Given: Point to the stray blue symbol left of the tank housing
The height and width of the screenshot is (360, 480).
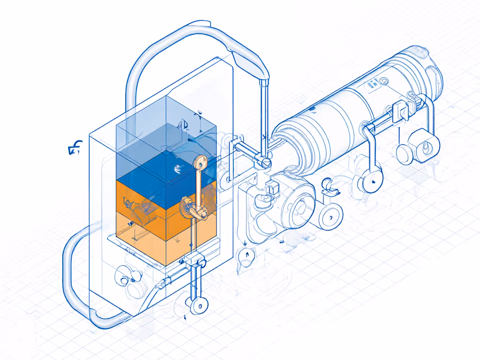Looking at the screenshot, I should pos(75,149).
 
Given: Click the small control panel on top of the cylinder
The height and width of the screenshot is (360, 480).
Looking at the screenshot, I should pos(373,85).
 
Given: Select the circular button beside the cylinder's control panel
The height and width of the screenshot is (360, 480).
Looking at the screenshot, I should pos(384,81).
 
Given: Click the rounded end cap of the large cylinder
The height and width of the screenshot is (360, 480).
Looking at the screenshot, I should pos(429,70).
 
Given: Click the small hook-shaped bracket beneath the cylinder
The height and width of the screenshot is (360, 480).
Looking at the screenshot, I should pos(329,186).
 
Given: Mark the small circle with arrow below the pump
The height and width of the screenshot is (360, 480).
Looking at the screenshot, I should pos(245,256).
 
